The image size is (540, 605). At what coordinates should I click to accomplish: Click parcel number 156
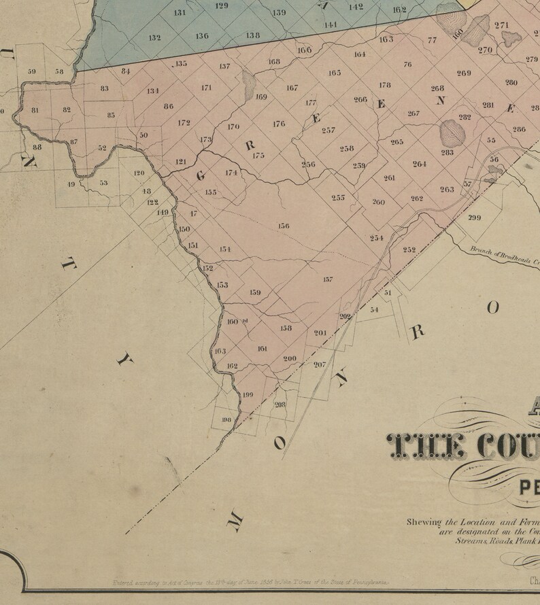click(x=284, y=226)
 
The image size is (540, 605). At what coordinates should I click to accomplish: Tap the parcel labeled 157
click(x=328, y=279)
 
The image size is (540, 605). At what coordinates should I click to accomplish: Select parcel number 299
click(x=475, y=218)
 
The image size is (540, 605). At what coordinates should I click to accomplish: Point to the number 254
click(x=377, y=238)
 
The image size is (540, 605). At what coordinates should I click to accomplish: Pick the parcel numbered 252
click(x=409, y=249)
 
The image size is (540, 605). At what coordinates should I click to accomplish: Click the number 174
click(x=231, y=173)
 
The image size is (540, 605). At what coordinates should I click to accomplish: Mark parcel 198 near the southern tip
click(x=227, y=420)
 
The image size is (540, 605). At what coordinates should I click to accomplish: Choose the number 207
click(x=320, y=364)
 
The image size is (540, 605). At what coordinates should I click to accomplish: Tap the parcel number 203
click(x=280, y=404)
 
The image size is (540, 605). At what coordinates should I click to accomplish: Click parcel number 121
click(x=181, y=162)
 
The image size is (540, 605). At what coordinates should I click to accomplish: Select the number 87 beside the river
click(x=73, y=141)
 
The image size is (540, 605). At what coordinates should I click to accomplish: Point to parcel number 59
click(x=32, y=71)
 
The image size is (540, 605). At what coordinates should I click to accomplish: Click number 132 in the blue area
click(x=154, y=37)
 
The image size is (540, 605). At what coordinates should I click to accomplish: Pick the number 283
click(x=447, y=153)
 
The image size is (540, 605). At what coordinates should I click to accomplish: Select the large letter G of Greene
click(x=201, y=175)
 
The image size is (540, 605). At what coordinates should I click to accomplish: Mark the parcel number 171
click(x=206, y=88)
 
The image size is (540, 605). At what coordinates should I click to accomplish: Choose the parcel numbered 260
click(x=378, y=202)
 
